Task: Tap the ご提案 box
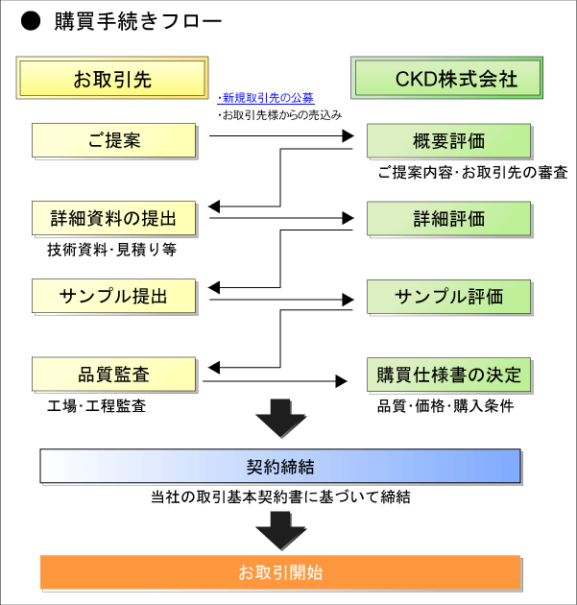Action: point(113,140)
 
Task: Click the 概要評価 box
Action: point(448,141)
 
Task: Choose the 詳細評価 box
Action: point(448,219)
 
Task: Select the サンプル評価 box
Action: point(448,296)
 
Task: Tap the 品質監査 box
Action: point(113,374)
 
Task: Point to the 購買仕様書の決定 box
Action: point(448,374)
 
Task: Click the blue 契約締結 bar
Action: point(279,467)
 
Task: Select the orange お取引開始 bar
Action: point(279,572)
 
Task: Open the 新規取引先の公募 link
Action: point(268,98)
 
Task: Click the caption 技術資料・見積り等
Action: point(111,250)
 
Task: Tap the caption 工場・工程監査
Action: point(97,405)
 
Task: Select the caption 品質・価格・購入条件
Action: point(445,405)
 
